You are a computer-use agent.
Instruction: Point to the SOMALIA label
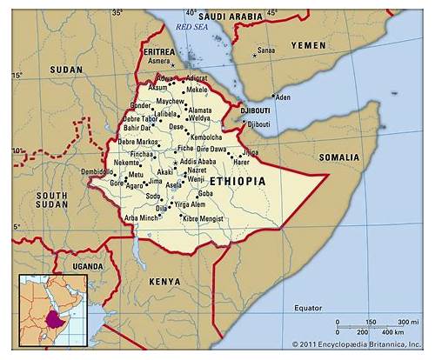coord(339,157)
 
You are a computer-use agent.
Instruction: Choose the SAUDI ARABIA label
coord(231,16)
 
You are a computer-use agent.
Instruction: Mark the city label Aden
coord(283,97)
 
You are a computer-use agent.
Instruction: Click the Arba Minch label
coord(142,217)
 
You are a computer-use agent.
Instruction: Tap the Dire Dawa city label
coord(211,150)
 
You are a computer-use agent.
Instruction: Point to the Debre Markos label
coord(139,142)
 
